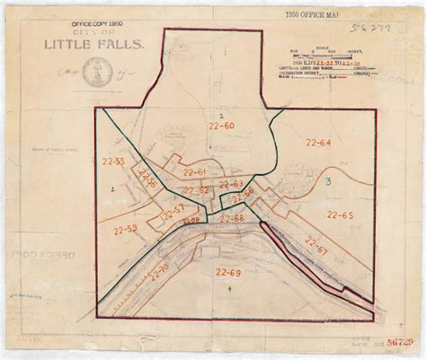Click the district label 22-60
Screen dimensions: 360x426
tap(222, 129)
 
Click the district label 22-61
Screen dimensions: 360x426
tap(194, 171)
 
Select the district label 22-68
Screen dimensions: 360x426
tap(233, 218)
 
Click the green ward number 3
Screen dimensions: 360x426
tap(329, 182)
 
